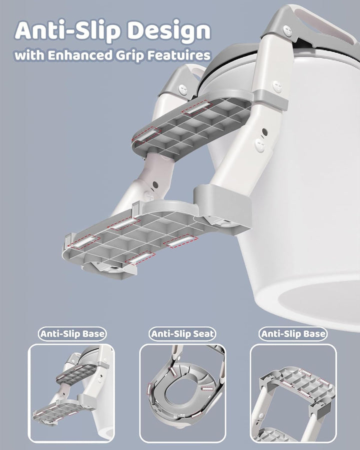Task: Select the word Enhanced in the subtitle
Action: [80, 55]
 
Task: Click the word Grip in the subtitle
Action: [130, 55]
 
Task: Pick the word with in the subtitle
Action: [29, 55]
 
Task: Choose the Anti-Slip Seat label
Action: [182, 334]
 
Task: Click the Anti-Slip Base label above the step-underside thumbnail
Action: [293, 334]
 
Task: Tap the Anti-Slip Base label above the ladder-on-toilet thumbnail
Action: [72, 334]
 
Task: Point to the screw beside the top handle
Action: [287, 30]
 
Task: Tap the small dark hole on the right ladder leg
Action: [264, 132]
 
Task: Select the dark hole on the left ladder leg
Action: [155, 184]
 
